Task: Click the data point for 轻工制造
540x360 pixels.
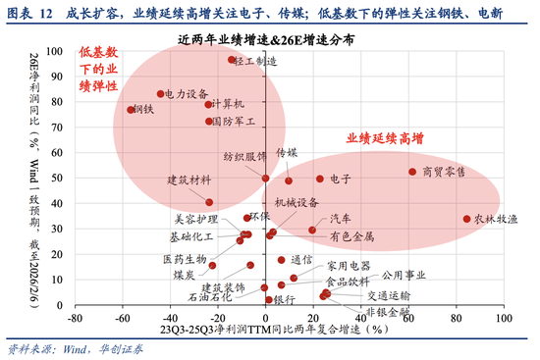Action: click(232, 60)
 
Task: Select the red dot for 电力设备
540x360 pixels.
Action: click(161, 94)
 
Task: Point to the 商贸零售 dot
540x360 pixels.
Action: click(412, 172)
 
